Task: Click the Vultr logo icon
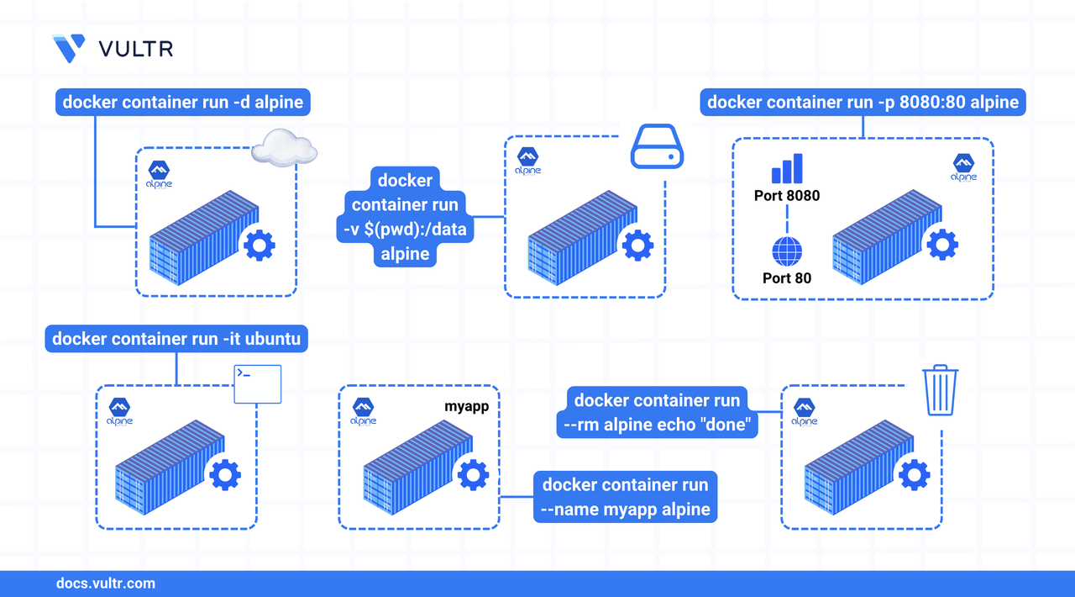coord(69,48)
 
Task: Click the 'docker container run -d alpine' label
coord(182,103)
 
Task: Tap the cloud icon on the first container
coord(285,148)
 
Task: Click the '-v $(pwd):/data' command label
coord(405,217)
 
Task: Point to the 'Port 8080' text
coord(786,196)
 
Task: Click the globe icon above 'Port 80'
coord(786,251)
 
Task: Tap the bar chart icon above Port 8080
coord(787,168)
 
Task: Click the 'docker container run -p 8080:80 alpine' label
coord(863,103)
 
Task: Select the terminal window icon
coord(257,384)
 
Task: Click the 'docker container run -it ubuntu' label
coord(176,339)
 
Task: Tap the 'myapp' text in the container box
coord(466,407)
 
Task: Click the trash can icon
coord(941,390)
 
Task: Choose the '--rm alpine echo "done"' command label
coord(658,412)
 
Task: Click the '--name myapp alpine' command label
coord(626,497)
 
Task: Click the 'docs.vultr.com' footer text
coord(105,583)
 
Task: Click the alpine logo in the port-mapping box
coord(963,166)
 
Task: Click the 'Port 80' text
coord(786,277)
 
